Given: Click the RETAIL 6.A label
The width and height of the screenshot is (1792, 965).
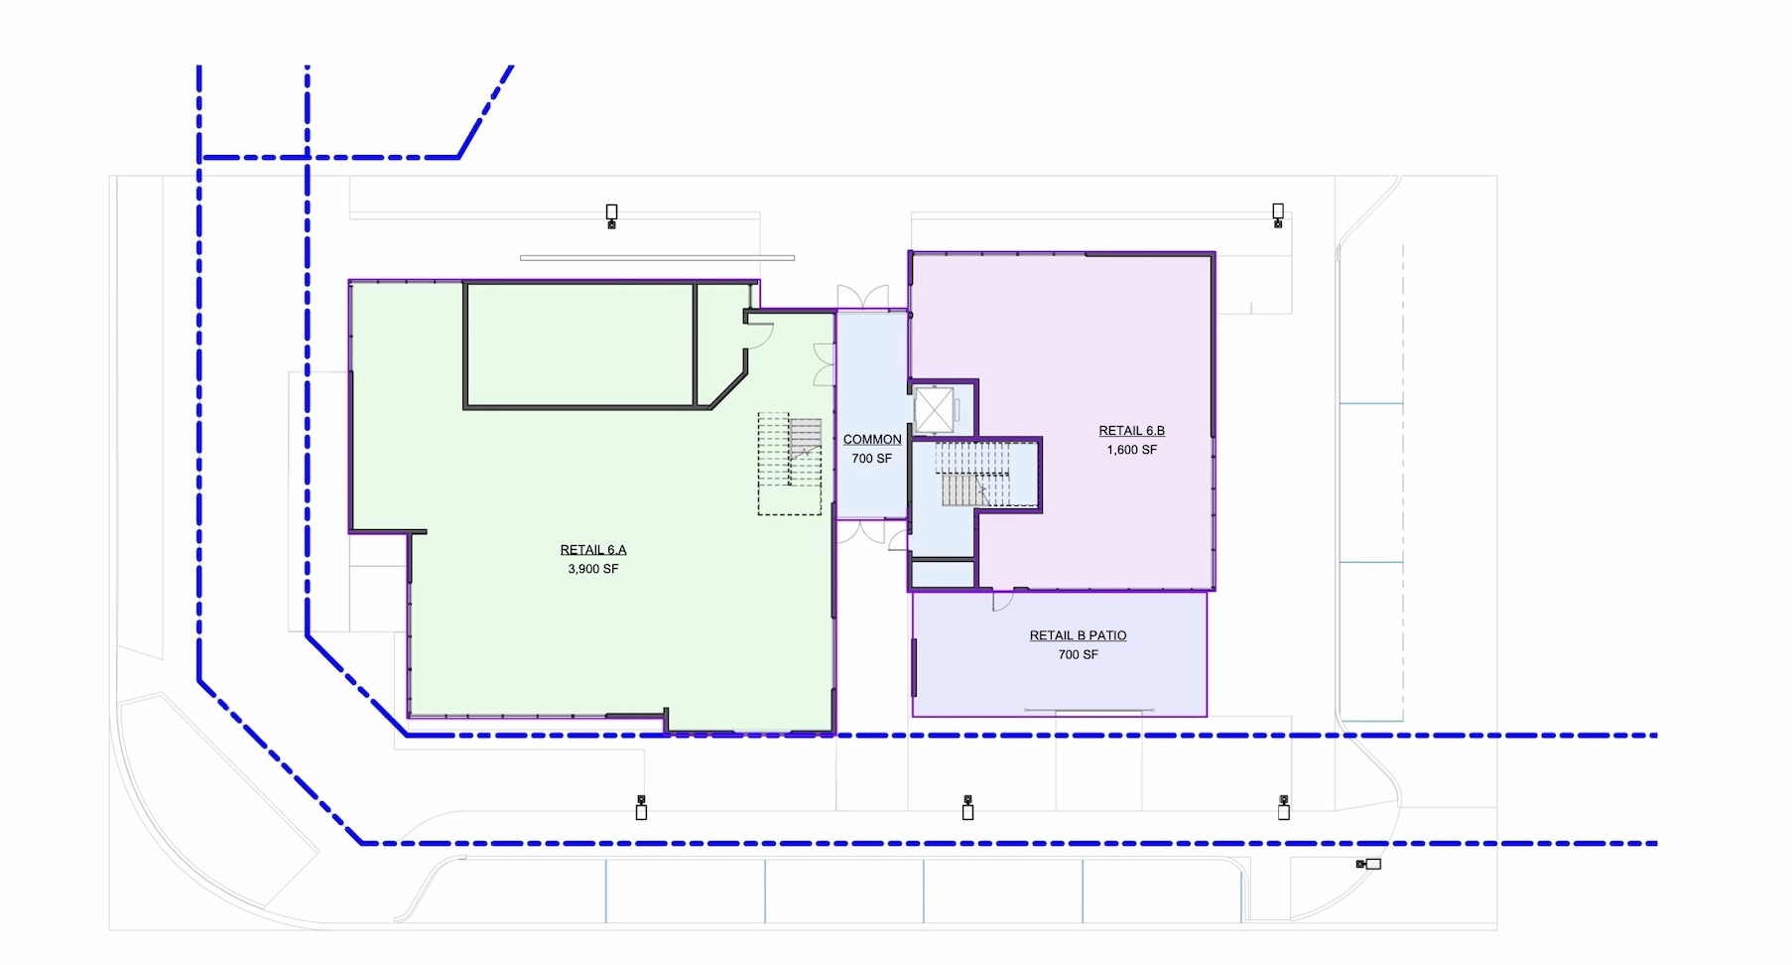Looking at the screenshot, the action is click(593, 550).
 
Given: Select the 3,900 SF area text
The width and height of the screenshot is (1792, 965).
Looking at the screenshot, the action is click(593, 569).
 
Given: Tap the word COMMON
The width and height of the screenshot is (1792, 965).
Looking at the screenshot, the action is click(872, 440).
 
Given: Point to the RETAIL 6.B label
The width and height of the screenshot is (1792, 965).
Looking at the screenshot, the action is click(1131, 431).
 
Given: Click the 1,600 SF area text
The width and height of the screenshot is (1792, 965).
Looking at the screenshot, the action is click(1132, 450).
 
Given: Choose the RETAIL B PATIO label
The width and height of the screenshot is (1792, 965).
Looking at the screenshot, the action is click(1078, 635).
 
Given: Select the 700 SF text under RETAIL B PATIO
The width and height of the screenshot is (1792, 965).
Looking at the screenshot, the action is click(1079, 654).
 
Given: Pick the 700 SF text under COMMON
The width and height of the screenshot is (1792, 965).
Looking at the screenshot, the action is click(872, 459).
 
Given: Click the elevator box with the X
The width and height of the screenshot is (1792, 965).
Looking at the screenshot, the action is click(934, 410).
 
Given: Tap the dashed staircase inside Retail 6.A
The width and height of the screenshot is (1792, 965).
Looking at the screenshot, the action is click(791, 464).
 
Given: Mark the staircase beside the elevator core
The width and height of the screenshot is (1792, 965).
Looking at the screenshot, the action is click(975, 475).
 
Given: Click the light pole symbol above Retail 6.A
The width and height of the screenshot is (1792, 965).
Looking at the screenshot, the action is click(612, 216).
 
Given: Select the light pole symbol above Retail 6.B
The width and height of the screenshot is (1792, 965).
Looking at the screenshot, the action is click(1278, 215).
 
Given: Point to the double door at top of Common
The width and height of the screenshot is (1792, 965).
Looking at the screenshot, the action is click(862, 297).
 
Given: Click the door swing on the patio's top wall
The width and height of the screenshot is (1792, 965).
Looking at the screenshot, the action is click(1003, 601).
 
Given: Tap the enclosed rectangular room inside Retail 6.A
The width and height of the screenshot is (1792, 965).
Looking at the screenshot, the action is click(579, 345).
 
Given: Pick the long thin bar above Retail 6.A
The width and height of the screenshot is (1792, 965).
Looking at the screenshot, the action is click(657, 258).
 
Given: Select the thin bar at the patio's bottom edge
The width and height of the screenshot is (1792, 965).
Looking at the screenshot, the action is click(1089, 710).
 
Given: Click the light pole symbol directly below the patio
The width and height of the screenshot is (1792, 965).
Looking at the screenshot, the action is click(967, 807).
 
